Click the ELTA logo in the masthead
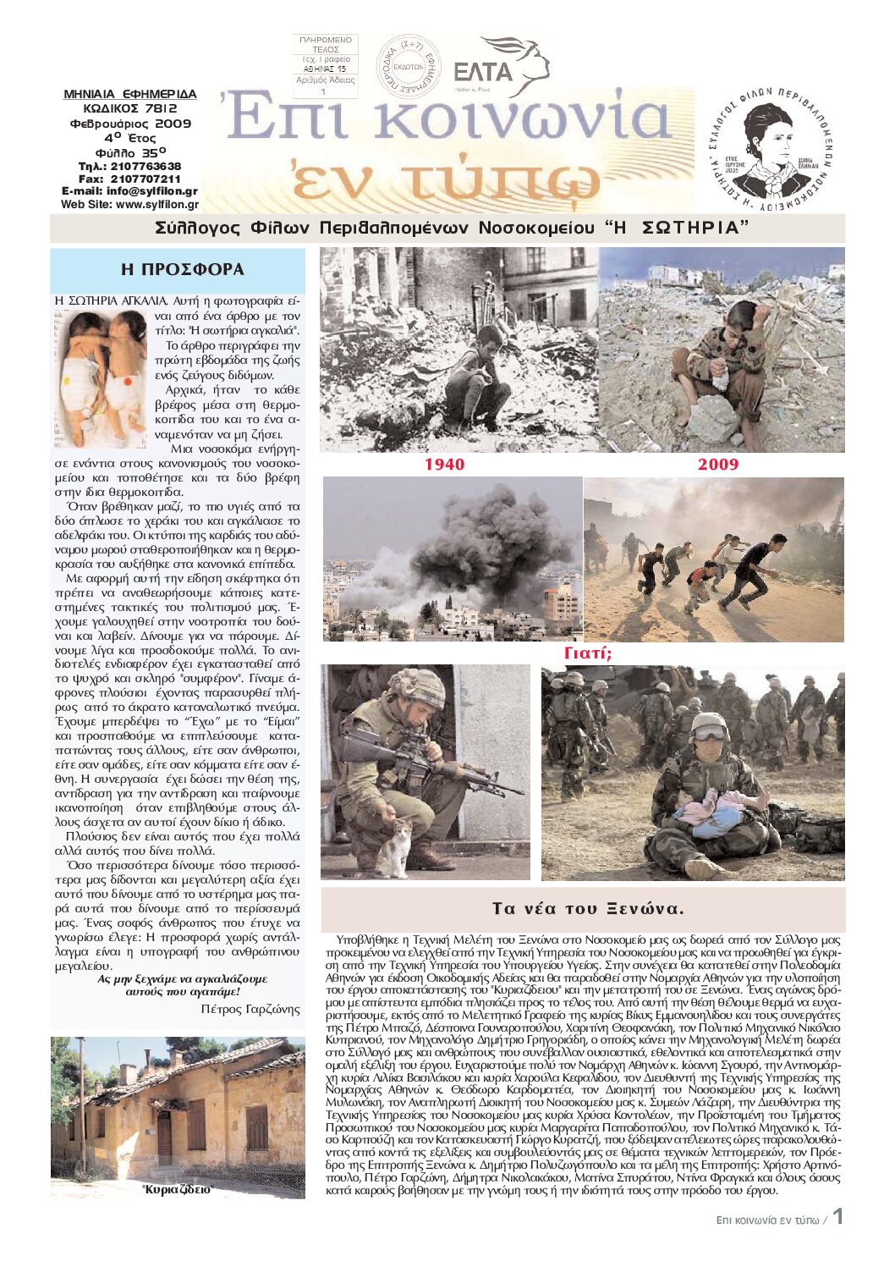click(x=501, y=68)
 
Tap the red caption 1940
click(x=444, y=464)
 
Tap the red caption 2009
click(x=718, y=464)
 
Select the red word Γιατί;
click(x=588, y=653)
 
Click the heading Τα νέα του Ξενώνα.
click(x=587, y=909)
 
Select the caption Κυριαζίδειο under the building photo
click(x=178, y=1189)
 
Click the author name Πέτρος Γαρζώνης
click(x=250, y=1009)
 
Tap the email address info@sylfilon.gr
click(x=152, y=191)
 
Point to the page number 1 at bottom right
click(x=837, y=1216)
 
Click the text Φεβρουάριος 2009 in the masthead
click(x=131, y=124)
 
